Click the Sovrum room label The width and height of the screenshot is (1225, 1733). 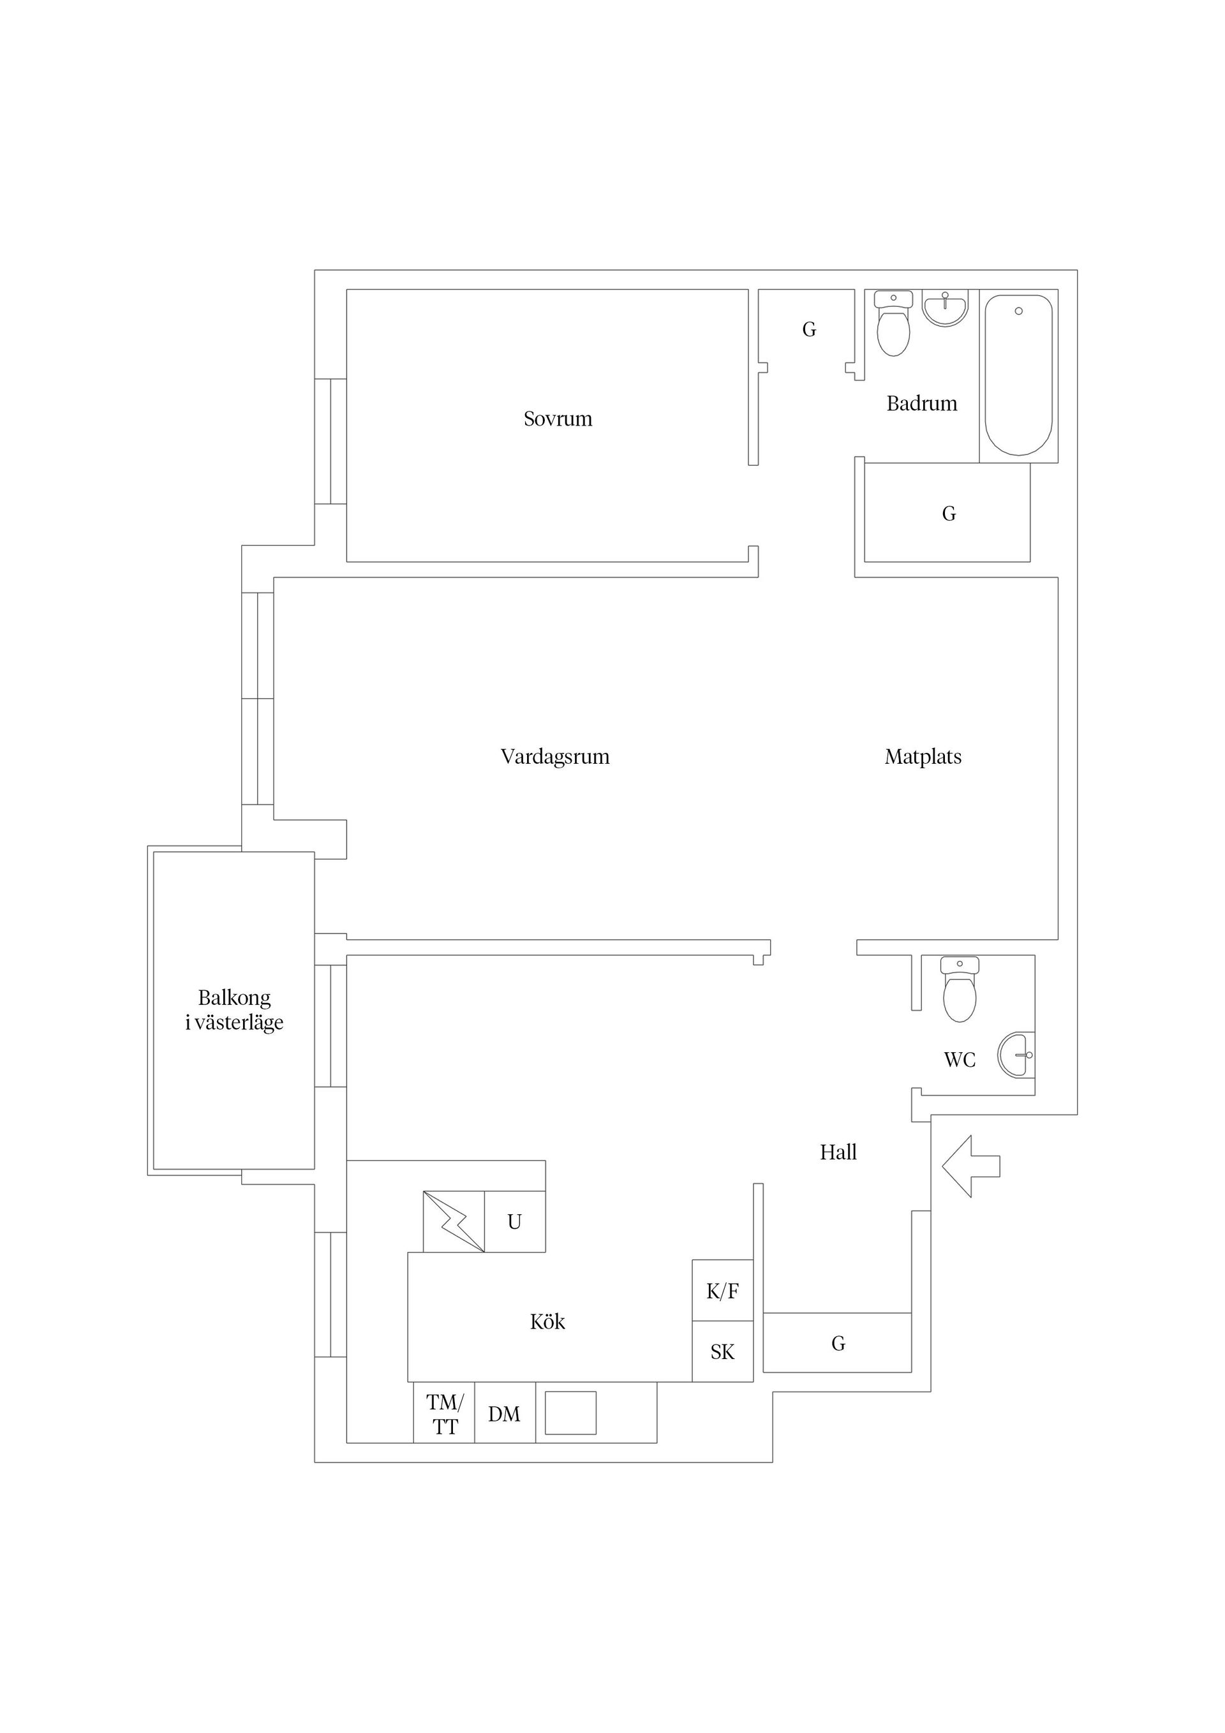tap(558, 419)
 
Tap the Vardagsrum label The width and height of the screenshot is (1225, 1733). tap(555, 757)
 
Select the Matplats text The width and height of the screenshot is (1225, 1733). tap(923, 757)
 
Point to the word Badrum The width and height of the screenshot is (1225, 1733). tap(921, 404)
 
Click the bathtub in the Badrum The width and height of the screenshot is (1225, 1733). tap(1019, 375)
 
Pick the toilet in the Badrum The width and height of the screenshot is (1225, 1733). tap(894, 324)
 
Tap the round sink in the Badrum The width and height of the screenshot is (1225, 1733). tap(945, 309)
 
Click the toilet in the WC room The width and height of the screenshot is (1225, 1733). tap(960, 990)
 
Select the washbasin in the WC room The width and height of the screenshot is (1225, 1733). tap(1016, 1055)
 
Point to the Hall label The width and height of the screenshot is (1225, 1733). tap(838, 1152)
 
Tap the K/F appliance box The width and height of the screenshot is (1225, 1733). tap(722, 1291)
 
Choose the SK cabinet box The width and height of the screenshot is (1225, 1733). tap(722, 1352)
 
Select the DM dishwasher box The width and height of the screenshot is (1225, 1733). tap(505, 1413)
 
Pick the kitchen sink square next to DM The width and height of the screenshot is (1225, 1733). tap(570, 1413)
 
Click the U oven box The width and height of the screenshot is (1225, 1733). tap(515, 1222)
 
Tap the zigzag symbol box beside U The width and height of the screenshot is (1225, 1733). tap(454, 1222)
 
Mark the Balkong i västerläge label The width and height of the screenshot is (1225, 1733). tap(234, 1010)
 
